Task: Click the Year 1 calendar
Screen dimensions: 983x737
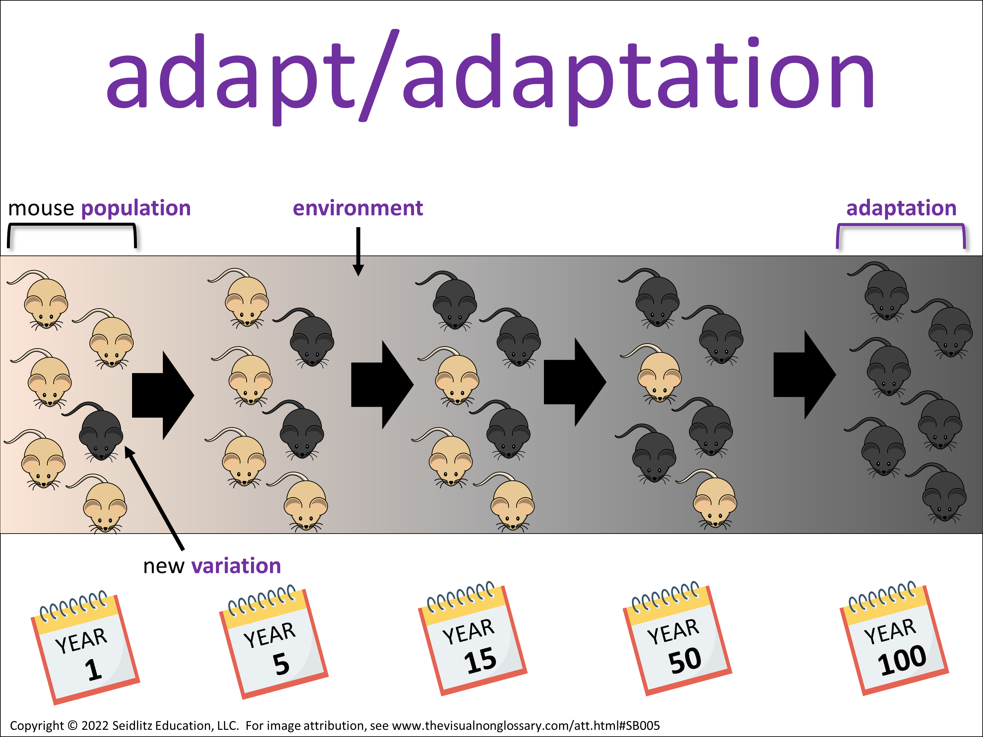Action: tap(85, 648)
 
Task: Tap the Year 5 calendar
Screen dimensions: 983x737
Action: tap(274, 642)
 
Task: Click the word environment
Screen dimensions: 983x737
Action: tap(358, 208)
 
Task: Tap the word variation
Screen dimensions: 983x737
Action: tap(237, 566)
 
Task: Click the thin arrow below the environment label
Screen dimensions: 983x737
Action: tap(358, 252)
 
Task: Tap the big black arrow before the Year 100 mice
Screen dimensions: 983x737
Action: tap(805, 374)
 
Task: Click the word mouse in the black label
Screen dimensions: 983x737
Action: tap(41, 209)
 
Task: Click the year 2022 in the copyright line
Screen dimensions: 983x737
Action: tap(95, 726)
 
